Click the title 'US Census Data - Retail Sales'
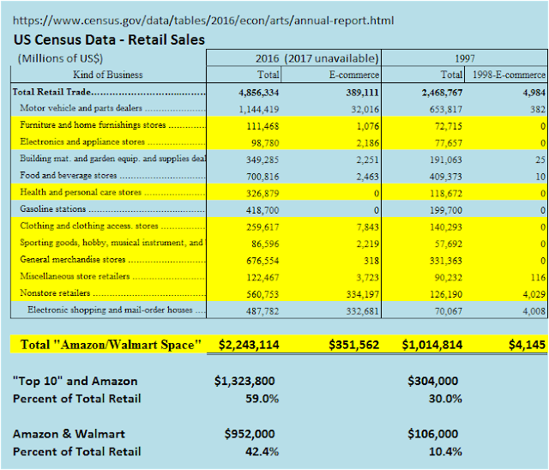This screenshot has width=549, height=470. click(x=108, y=39)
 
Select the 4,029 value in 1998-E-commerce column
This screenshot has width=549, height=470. click(x=528, y=292)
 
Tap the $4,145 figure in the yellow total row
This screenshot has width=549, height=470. click(x=525, y=345)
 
